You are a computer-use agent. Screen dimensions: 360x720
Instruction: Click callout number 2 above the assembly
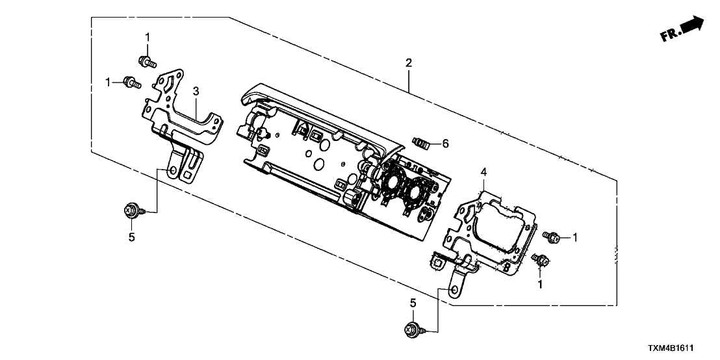pyautogui.click(x=408, y=63)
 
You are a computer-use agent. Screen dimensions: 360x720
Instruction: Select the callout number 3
pyautogui.click(x=196, y=93)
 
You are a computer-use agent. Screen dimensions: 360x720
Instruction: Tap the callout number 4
pyautogui.click(x=483, y=172)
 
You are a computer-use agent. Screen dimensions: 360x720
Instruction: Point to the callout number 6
pyautogui.click(x=445, y=143)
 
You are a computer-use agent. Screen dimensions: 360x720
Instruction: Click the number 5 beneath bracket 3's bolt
pyautogui.click(x=131, y=237)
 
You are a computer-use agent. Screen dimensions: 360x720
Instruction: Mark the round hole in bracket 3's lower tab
pyautogui.click(x=174, y=171)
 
